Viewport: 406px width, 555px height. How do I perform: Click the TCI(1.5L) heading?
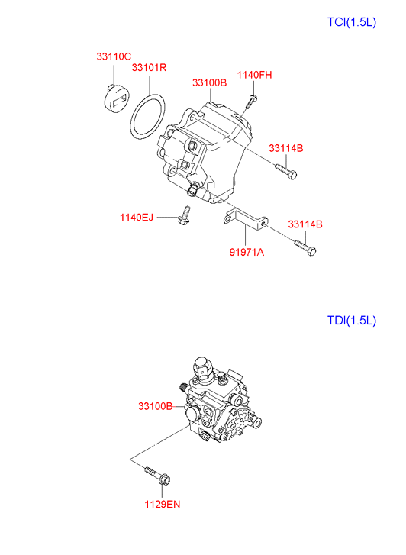[352, 22]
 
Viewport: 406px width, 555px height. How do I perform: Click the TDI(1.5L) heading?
[352, 321]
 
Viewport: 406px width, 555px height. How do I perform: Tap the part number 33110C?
[114, 56]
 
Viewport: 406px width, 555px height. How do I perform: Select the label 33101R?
[149, 67]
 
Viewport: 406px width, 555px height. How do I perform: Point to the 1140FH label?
[254, 75]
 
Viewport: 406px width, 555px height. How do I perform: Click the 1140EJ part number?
[137, 218]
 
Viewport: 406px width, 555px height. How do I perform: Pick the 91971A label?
[246, 253]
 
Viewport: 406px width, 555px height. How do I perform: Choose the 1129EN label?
[163, 505]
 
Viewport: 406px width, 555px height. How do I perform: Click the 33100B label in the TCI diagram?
[210, 82]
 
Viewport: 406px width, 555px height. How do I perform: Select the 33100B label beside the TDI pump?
[156, 406]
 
